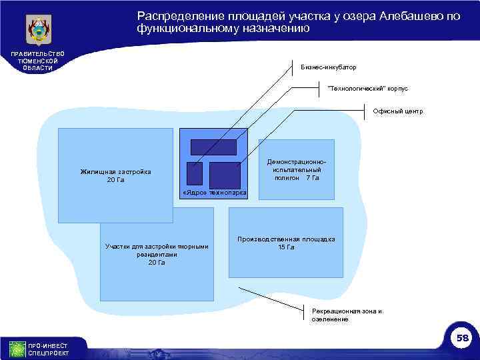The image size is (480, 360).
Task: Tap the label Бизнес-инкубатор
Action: tap(329, 67)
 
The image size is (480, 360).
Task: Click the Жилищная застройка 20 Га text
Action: tap(115, 176)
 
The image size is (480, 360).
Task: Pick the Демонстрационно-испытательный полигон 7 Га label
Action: tap(297, 170)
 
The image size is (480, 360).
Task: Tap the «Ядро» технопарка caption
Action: tap(214, 193)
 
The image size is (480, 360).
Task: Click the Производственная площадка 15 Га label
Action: tap(287, 243)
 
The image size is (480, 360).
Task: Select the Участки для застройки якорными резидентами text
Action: tap(157, 254)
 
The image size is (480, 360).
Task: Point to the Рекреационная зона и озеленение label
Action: tap(347, 315)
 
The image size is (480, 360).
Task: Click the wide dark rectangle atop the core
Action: tap(213, 147)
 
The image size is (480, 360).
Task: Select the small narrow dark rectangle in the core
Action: tap(194, 173)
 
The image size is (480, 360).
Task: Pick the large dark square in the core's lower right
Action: tap(225, 175)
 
